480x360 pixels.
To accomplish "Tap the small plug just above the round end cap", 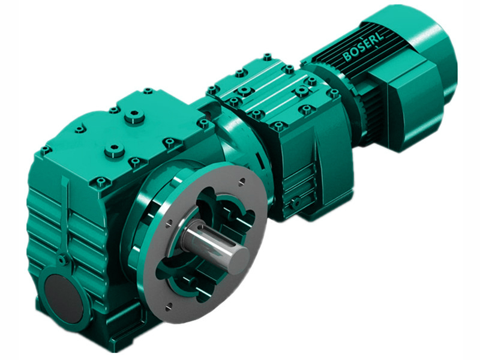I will tap(62, 260).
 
